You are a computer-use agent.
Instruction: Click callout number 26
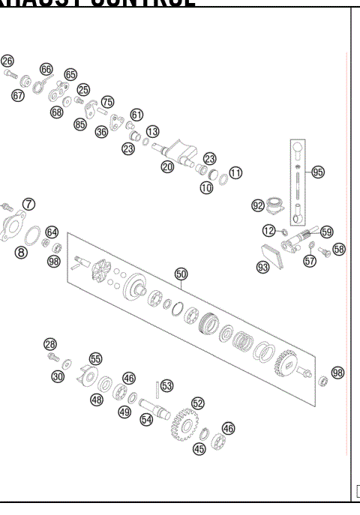7,61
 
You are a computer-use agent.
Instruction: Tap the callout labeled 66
46,69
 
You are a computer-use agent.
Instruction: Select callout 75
107,101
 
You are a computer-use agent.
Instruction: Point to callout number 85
79,124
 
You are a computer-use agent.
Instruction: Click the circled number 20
167,166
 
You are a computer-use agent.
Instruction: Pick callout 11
235,172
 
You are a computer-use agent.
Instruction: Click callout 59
327,232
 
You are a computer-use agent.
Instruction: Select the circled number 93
263,267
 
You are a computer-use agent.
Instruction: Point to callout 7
28,204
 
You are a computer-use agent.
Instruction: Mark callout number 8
21,253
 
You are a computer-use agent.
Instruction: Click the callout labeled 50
181,274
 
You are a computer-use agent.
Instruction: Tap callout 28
50,344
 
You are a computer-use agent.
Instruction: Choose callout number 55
95,359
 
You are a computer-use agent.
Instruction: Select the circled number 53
166,385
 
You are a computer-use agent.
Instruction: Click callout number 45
199,449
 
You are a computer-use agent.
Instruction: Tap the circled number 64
52,232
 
